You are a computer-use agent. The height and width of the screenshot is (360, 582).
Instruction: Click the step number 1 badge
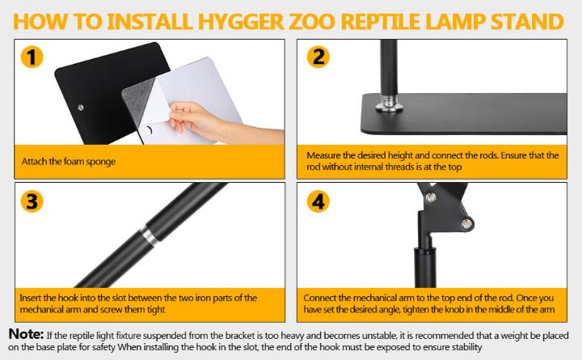pyautogui.click(x=30, y=58)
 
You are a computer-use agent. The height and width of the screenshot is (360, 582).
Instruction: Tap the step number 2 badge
pyautogui.click(x=317, y=57)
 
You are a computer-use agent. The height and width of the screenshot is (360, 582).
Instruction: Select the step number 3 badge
pyautogui.click(x=30, y=201)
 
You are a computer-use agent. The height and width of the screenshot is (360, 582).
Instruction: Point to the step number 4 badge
pyautogui.click(x=318, y=201)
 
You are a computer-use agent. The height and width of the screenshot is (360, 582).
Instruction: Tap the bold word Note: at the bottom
pyautogui.click(x=26, y=334)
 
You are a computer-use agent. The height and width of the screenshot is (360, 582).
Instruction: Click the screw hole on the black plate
pyautogui.click(x=79, y=107)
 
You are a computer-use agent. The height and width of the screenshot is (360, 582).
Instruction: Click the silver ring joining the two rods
pyautogui.click(x=148, y=235)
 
